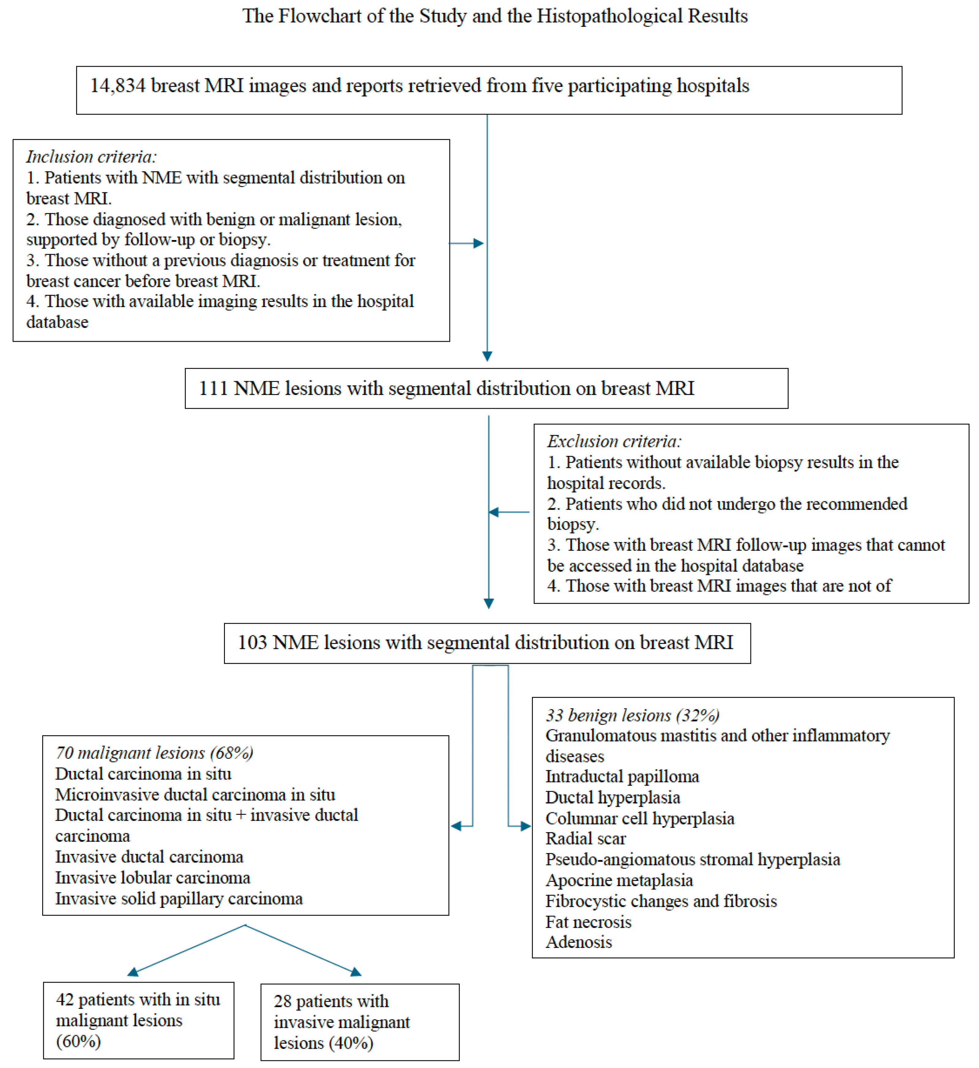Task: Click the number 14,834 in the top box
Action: [x=118, y=85]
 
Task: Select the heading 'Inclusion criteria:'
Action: [x=91, y=156]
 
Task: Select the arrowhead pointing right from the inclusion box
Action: [x=479, y=243]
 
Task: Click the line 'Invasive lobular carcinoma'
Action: [x=153, y=878]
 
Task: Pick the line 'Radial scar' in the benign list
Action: [x=585, y=838]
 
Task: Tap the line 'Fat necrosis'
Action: [x=588, y=922]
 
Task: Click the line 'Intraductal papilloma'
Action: [x=622, y=777]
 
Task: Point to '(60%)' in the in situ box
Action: [x=78, y=1041]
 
